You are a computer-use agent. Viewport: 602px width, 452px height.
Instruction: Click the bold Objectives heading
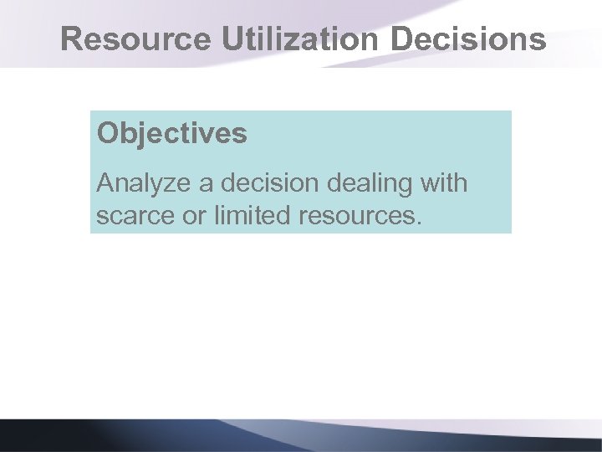coord(171,134)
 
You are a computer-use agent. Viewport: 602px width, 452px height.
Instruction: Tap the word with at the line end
coord(442,182)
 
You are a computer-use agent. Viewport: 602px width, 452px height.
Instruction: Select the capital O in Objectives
coord(107,134)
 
